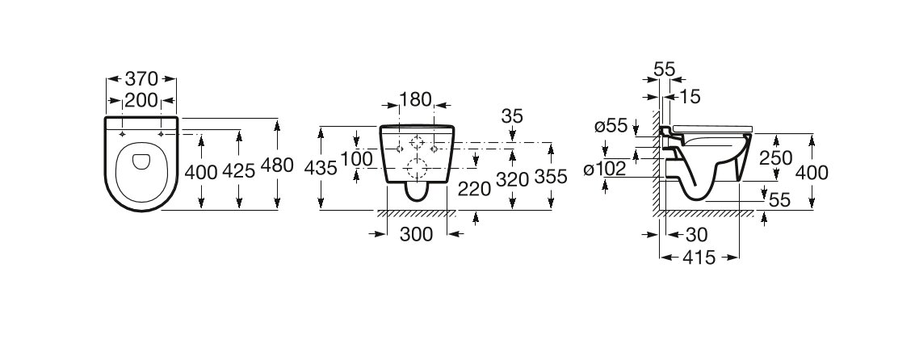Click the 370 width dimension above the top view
141,79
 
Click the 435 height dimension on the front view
321,168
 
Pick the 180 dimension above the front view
417,99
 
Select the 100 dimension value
355,160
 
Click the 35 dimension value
511,115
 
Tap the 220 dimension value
474,188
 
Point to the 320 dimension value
512,179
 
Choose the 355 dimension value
552,179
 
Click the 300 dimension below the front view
417,234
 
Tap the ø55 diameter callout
611,125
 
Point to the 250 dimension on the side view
775,160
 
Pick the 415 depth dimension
699,258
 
